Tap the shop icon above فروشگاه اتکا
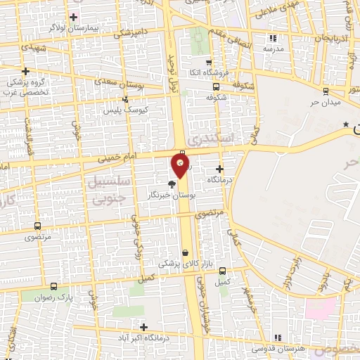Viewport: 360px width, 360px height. [x=210, y=63]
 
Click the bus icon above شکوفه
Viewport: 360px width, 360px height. [x=216, y=87]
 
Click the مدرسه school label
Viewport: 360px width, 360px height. [x=273, y=49]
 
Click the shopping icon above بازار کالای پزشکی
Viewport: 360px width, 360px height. [x=185, y=252]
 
